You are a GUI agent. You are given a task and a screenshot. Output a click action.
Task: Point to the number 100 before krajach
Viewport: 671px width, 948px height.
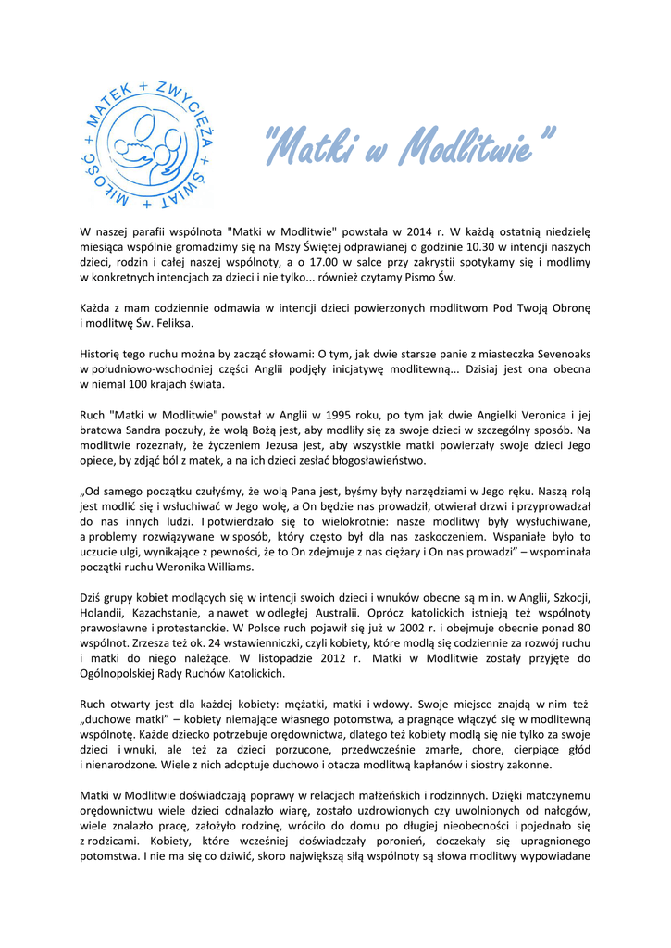pos(136,383)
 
